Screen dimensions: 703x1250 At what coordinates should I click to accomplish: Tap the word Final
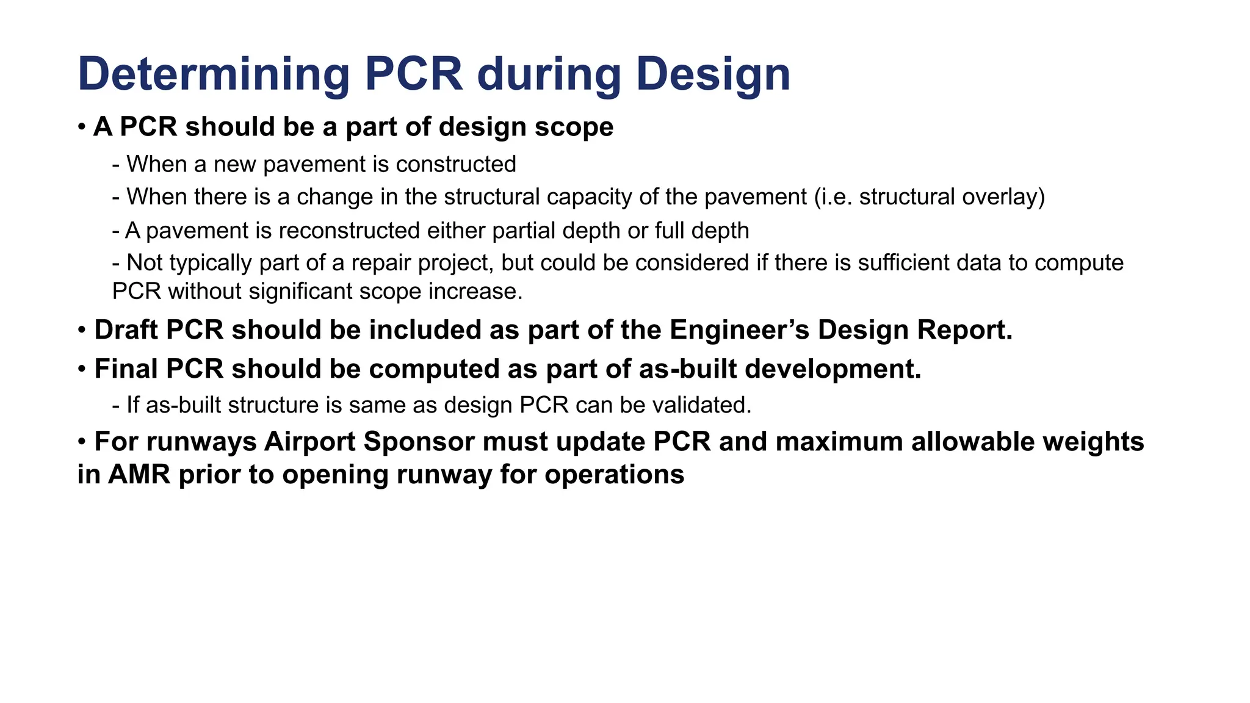[x=126, y=369]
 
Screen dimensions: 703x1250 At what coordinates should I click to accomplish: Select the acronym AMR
[x=139, y=475]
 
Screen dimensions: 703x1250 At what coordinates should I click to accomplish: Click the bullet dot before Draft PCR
[x=82, y=331]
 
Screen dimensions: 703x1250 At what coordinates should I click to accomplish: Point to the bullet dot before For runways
[x=82, y=442]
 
